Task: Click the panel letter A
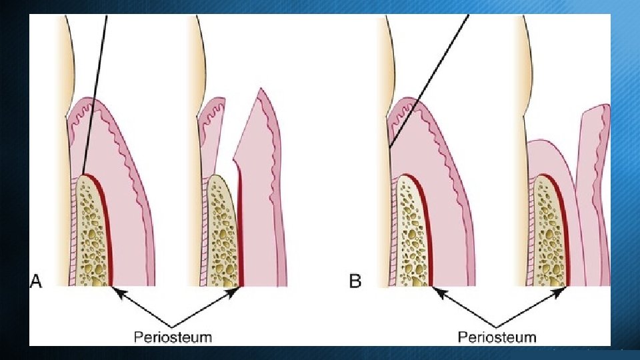(x=35, y=281)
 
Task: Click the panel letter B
(x=355, y=281)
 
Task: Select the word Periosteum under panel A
(x=173, y=336)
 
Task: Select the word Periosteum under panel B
(x=497, y=336)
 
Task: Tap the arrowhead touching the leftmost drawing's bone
(x=116, y=290)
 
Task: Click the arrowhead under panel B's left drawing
(x=437, y=290)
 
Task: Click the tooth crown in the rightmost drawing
(x=527, y=67)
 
